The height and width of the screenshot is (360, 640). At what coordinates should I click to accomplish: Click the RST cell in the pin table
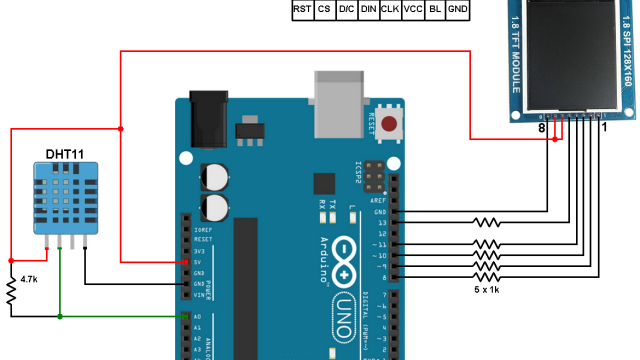pyautogui.click(x=301, y=9)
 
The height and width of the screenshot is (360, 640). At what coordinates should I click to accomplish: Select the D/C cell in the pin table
pyautogui.click(x=346, y=9)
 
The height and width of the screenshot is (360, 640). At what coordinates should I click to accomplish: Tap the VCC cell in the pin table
pyautogui.click(x=412, y=9)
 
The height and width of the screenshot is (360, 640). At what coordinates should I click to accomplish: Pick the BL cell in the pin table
pyautogui.click(x=434, y=9)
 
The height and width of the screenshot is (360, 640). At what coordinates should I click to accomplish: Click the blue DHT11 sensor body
pyautogui.click(x=64, y=201)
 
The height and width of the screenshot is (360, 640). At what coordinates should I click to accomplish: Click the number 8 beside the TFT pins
pyautogui.click(x=541, y=128)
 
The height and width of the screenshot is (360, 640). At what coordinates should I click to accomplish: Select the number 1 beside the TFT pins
pyautogui.click(x=604, y=128)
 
